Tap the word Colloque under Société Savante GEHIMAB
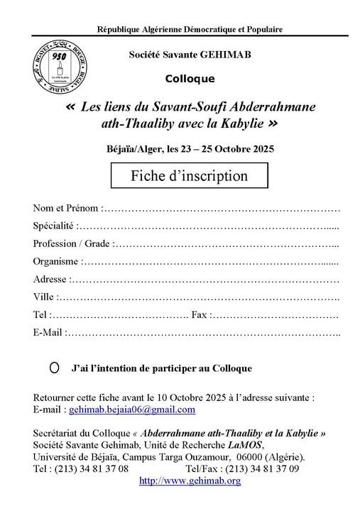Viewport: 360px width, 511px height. tap(188, 79)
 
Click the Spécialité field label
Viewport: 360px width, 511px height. tap(53, 226)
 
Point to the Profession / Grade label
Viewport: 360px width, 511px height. tap(72, 244)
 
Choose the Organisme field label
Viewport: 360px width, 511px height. tap(56, 262)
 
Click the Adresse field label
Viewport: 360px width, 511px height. tap(50, 280)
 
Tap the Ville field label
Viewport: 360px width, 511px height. tap(44, 297)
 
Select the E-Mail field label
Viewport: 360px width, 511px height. tap(48, 332)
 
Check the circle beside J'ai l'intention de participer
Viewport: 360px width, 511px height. tap(55, 369)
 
